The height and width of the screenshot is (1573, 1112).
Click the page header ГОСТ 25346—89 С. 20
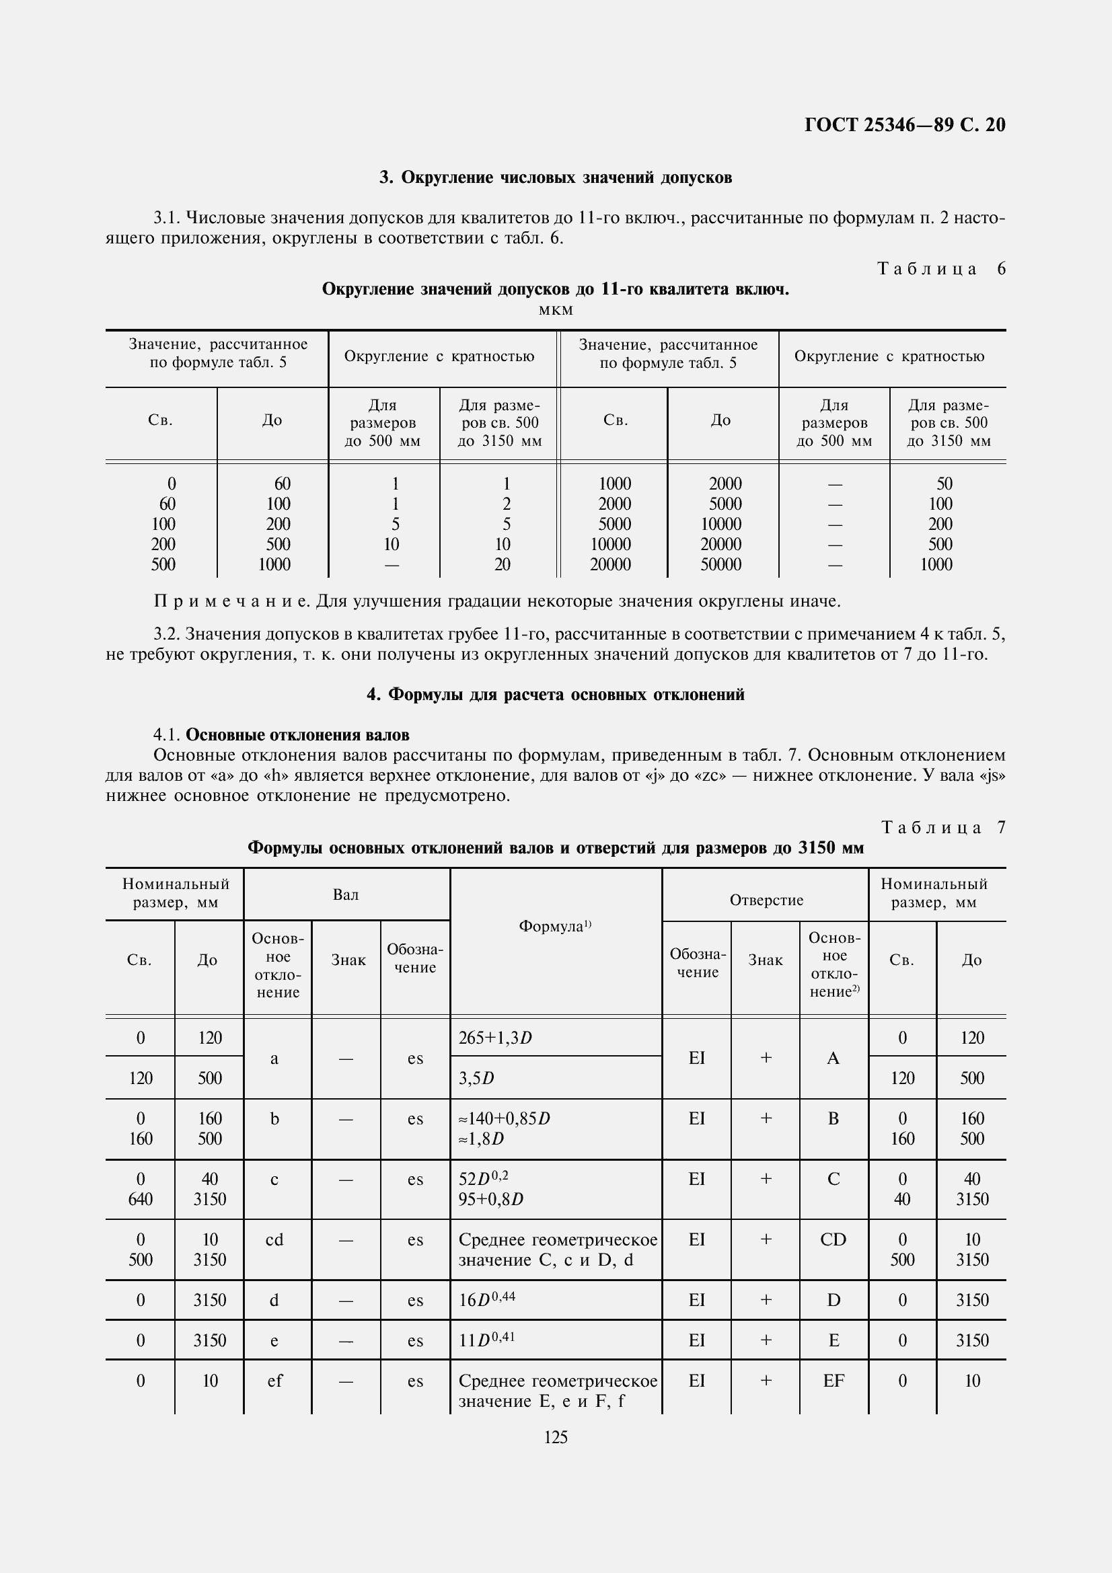903,124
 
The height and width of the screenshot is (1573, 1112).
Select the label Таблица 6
940,268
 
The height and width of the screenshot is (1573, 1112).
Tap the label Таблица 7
942,828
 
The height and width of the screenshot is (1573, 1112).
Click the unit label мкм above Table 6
556,310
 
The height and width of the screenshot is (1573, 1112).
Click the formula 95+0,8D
490,1200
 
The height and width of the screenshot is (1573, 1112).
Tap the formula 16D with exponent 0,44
486,1300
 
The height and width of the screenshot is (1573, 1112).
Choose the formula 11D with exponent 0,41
486,1340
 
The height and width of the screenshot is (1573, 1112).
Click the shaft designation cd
274,1240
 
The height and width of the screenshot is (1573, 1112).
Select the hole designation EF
833,1381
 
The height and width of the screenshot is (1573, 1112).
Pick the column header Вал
346,894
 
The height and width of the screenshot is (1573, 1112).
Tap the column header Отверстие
766,900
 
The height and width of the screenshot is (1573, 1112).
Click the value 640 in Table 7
141,1200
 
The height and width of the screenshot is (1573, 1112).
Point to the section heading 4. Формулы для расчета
556,695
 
